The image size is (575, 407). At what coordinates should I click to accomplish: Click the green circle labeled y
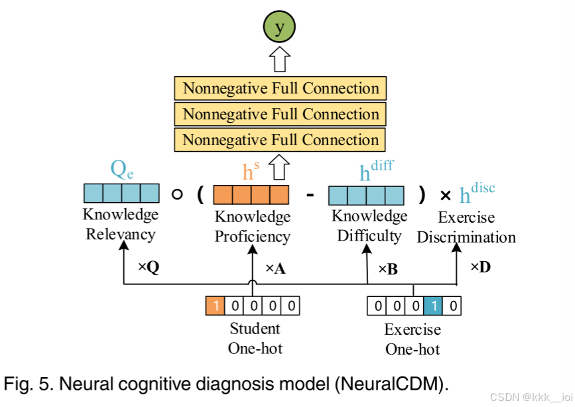pos(279,28)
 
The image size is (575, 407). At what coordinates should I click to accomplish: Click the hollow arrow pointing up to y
pos(280,60)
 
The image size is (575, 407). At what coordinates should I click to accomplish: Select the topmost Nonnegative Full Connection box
pos(280,89)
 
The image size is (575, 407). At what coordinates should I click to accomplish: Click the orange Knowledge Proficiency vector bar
pos(251,195)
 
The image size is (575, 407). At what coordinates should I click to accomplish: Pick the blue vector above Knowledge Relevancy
pos(121,194)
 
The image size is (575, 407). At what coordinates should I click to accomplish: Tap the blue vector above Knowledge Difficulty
pos(367,195)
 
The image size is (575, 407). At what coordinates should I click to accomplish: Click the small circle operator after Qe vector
pos(176,195)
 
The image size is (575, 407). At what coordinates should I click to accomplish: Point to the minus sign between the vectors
pos(309,195)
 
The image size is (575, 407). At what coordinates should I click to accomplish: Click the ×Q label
pos(149,267)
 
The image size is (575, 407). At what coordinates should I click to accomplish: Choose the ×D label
pos(480,267)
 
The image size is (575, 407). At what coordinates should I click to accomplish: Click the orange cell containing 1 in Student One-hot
pos(216,306)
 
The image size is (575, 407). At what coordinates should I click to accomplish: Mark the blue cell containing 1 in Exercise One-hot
pos(433,306)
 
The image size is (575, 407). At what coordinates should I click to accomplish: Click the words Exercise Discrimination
pos(466,227)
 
